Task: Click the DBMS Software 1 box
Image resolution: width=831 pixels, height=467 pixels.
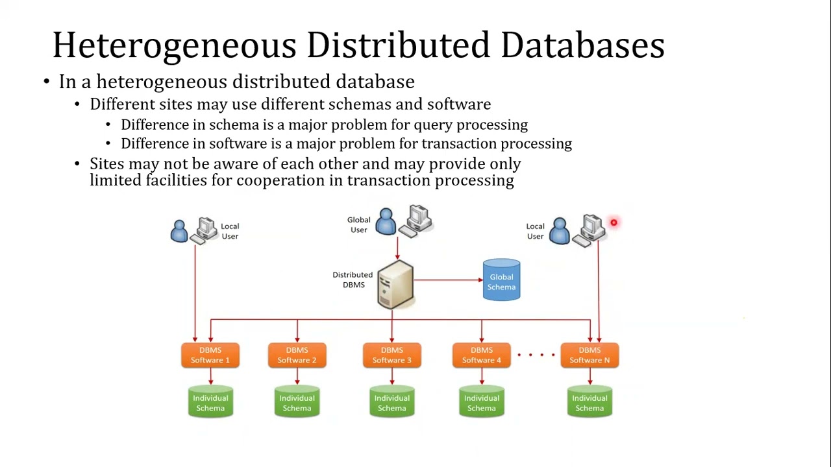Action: pyautogui.click(x=210, y=355)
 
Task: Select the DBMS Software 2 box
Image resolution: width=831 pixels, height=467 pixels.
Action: pyautogui.click(x=297, y=355)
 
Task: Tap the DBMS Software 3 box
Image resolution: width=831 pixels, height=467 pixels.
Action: pyautogui.click(x=391, y=355)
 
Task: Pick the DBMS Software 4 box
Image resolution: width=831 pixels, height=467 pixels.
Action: pyautogui.click(x=481, y=355)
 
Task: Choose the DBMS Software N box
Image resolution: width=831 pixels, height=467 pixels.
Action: pyautogui.click(x=589, y=355)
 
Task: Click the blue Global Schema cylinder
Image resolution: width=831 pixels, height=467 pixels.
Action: pyautogui.click(x=501, y=281)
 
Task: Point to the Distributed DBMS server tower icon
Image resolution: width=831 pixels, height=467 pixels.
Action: pyautogui.click(x=395, y=284)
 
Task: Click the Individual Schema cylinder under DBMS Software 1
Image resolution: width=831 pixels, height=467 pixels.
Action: pyautogui.click(x=210, y=402)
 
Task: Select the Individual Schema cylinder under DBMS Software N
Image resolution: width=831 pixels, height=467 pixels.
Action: pyautogui.click(x=589, y=402)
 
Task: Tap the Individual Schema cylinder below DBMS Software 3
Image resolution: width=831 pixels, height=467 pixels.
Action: pyautogui.click(x=391, y=402)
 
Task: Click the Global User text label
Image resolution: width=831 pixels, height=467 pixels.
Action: pyautogui.click(x=358, y=224)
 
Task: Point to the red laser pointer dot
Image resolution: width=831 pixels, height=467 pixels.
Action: pyautogui.click(x=614, y=223)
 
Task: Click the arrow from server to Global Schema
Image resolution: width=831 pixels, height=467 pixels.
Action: pyautogui.click(x=448, y=280)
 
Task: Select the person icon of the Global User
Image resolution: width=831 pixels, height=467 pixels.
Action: pyautogui.click(x=386, y=222)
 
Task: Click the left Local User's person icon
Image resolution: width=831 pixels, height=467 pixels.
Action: pyautogui.click(x=179, y=231)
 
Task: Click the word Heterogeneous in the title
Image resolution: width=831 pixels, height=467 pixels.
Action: pyautogui.click(x=174, y=45)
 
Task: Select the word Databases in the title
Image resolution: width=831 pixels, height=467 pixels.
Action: pyautogui.click(x=582, y=45)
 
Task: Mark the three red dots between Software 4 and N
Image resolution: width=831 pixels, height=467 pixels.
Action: pyautogui.click(x=536, y=355)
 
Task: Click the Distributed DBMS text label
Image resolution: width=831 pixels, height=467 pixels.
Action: pyautogui.click(x=353, y=280)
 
